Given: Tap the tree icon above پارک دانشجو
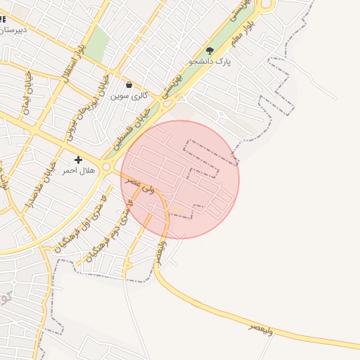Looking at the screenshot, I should (x=210, y=50).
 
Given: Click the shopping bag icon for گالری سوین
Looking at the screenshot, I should (x=129, y=85).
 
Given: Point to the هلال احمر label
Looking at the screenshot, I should (x=78, y=171).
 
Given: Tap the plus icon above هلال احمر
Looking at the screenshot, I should (x=78, y=160).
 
